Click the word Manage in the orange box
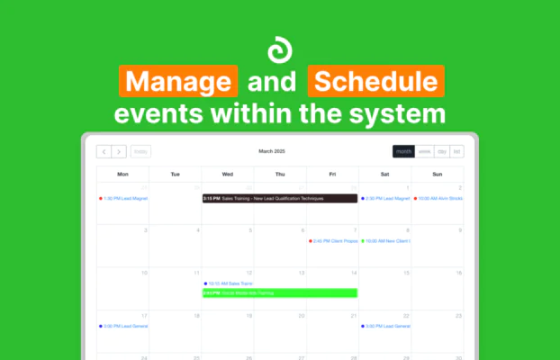[177, 84]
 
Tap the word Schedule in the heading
[376, 84]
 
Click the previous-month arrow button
[104, 152]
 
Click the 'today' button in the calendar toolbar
[141, 152]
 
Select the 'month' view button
[402, 152]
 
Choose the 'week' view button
[423, 152]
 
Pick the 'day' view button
[441, 152]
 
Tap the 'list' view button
[456, 152]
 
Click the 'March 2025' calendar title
[276, 152]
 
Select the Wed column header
[228, 174]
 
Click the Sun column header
[438, 174]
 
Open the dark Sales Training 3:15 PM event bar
[280, 198]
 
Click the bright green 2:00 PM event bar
[280, 292]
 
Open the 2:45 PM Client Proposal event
[333, 241]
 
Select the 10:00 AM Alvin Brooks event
[438, 198]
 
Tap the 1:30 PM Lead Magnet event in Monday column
[123, 198]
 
